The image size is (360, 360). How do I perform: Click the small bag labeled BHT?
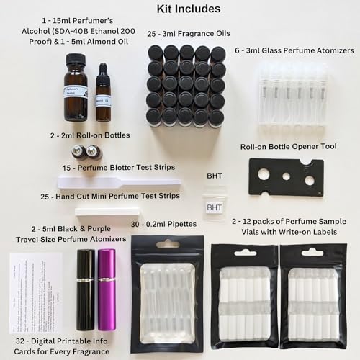(x=214, y=207)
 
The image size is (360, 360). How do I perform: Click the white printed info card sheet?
(x=36, y=292)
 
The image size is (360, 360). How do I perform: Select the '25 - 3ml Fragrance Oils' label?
(x=186, y=33)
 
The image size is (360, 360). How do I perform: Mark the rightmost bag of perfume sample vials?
(x=312, y=295)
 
